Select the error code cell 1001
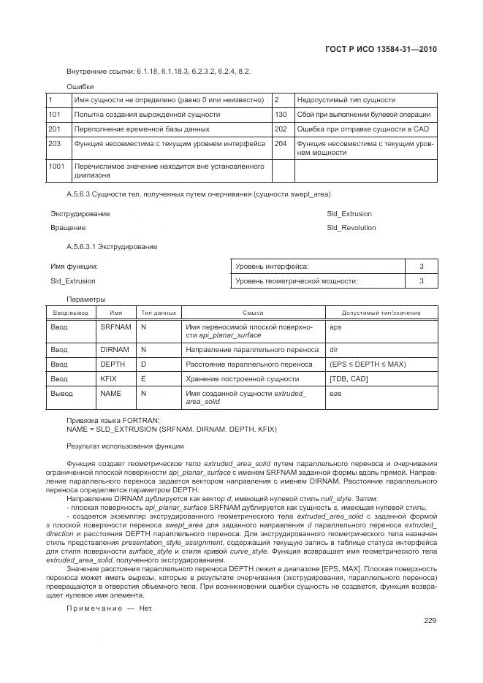point(56,167)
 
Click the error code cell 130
point(281,115)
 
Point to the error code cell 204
point(281,144)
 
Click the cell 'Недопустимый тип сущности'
point(346,100)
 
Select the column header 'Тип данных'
point(158,313)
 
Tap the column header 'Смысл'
point(253,313)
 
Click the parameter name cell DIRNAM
point(114,350)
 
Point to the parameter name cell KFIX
point(108,379)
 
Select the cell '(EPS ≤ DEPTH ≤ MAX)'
point(368,365)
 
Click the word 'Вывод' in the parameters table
point(62,394)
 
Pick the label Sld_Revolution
point(351,228)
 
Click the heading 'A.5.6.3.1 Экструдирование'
point(111,247)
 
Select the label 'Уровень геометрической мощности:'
point(301,281)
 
